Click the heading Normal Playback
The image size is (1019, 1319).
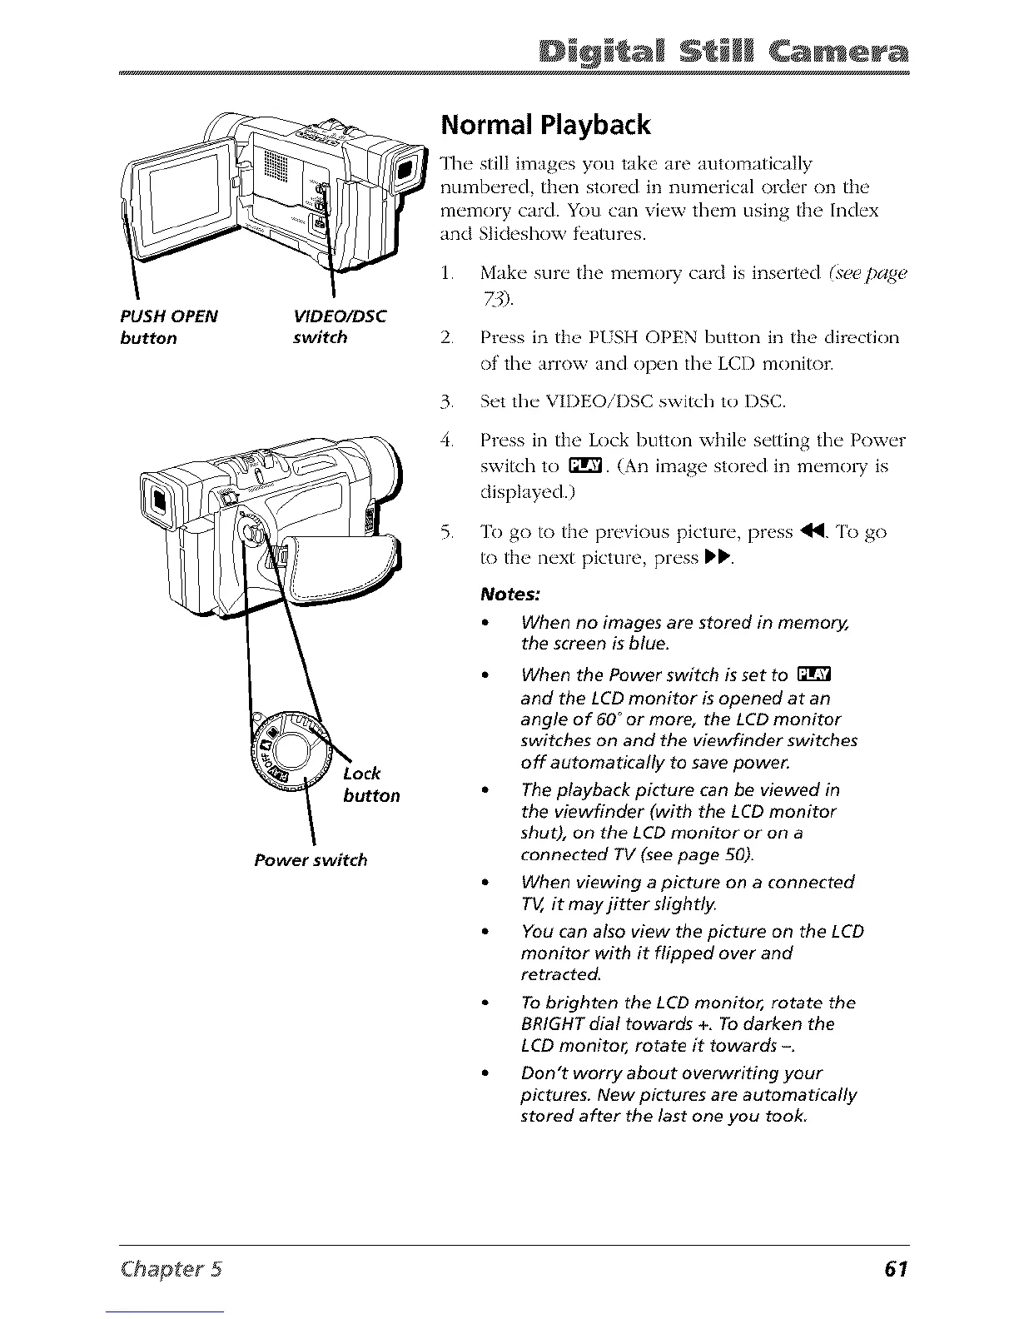tap(544, 125)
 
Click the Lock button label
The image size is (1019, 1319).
tap(369, 784)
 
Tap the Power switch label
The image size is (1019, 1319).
tap(311, 859)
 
